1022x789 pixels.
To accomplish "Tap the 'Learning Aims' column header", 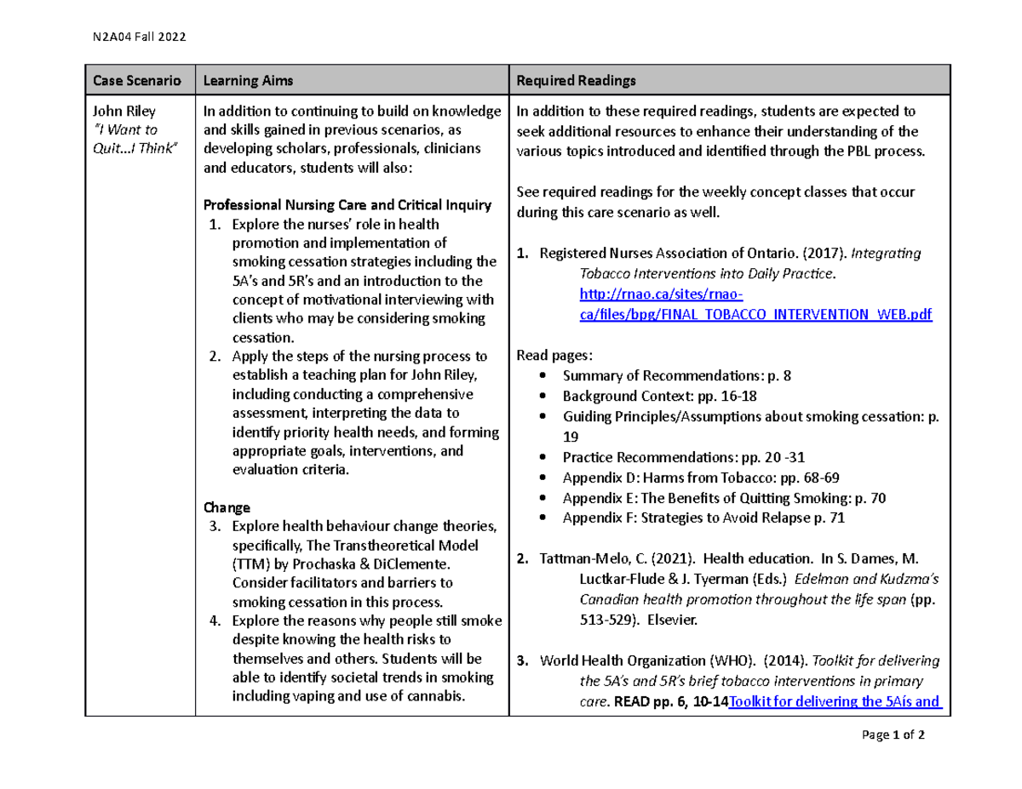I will click(248, 80).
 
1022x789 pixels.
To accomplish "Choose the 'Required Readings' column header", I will click(577, 80).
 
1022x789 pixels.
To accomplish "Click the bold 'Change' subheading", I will click(227, 507).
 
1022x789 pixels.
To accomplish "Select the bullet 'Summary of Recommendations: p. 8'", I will click(677, 375).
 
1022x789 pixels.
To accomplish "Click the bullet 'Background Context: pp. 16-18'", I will click(659, 396).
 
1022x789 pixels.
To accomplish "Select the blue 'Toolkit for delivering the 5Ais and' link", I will click(835, 702).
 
